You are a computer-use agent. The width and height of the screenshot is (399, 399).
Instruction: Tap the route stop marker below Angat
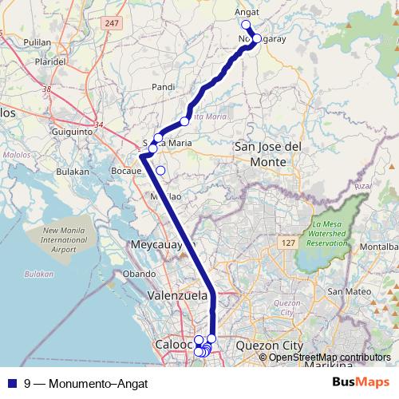[247, 25]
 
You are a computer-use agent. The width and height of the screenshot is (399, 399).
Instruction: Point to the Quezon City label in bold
[271, 346]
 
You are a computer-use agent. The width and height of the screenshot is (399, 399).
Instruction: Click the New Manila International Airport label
[60, 239]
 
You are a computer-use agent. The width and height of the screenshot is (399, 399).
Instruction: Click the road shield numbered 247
[112, 23]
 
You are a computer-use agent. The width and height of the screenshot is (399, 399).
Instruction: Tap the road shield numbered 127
[287, 239]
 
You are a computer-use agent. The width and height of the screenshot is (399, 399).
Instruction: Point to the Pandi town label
[163, 86]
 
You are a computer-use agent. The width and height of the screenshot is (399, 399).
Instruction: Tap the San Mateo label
[346, 291]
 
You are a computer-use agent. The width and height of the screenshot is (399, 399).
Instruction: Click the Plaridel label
[49, 60]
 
